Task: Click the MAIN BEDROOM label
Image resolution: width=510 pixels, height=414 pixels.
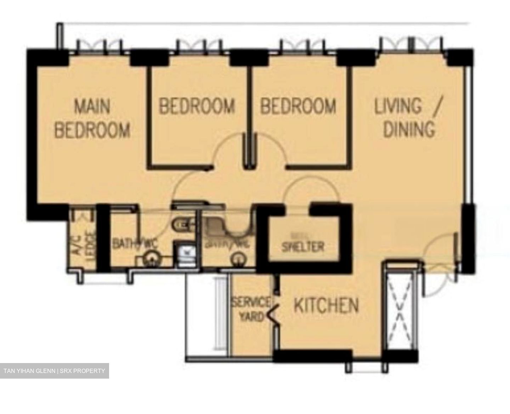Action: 92,118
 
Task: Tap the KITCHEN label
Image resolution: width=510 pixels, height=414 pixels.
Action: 326,305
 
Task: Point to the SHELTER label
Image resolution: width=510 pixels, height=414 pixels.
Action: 302,246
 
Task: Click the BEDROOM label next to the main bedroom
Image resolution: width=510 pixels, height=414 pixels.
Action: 197,106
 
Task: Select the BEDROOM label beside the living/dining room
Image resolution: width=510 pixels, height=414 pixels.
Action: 298,106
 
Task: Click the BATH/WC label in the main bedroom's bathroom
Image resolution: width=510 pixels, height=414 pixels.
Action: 135,244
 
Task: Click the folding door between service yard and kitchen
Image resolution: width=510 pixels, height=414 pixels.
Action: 273,313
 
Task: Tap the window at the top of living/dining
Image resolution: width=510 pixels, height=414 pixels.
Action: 411,45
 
